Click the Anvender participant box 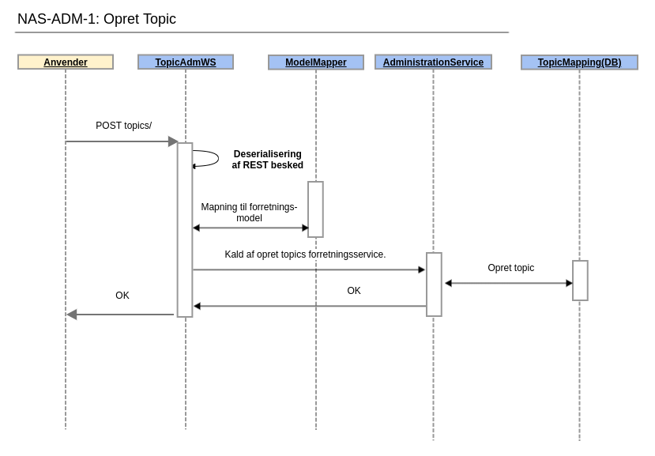(x=66, y=62)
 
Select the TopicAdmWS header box (x=186, y=62)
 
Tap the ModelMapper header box (x=316, y=62)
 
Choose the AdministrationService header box (x=433, y=62)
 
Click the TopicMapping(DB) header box (x=579, y=62)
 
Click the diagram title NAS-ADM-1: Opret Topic (x=96, y=19)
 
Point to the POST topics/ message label (x=123, y=126)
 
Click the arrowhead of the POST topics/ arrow (x=173, y=141)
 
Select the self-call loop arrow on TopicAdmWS (x=208, y=158)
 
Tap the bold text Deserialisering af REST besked (x=267, y=160)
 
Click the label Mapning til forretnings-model (x=249, y=213)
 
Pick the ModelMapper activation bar (x=315, y=209)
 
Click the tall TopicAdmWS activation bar (x=185, y=230)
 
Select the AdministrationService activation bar (x=434, y=285)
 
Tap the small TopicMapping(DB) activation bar (x=580, y=281)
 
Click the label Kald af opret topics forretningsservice (x=305, y=254)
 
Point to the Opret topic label (x=510, y=268)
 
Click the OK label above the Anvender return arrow (x=122, y=296)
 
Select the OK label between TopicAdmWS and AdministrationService (x=354, y=291)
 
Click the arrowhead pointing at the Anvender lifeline (x=72, y=315)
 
